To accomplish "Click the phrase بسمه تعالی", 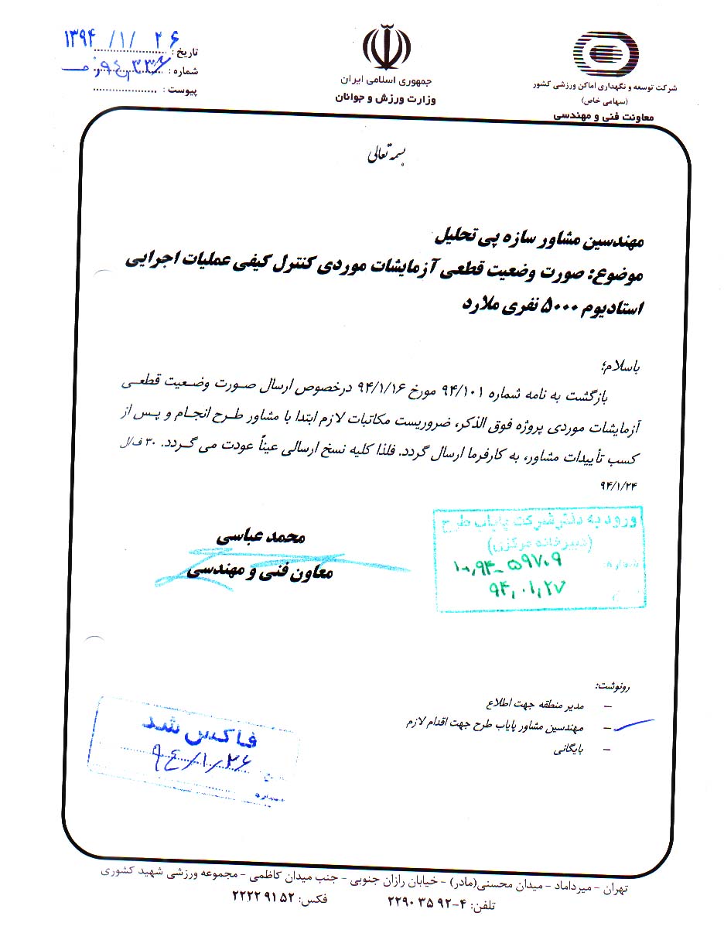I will tap(385, 154).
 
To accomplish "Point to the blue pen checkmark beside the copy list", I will tap(628, 726).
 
